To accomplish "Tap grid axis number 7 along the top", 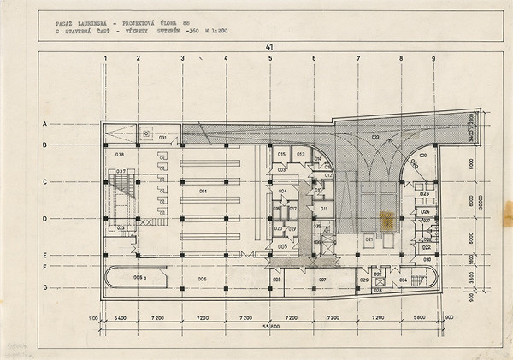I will click(358, 59).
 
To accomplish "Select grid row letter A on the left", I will click(44, 125).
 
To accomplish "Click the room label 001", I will click(203, 190).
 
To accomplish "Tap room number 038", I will click(120, 155).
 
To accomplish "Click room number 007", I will click(323, 280).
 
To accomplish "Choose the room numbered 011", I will click(324, 208).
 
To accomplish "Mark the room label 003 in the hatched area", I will click(374, 137).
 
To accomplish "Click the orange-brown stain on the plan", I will click(386, 219).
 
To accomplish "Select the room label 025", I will click(423, 194).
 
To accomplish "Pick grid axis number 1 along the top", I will click(105, 59).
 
